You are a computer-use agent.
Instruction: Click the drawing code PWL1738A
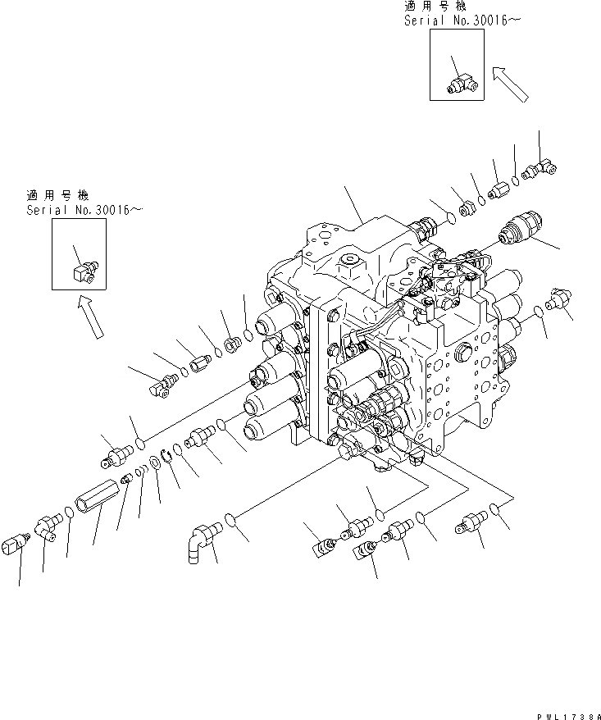[x=567, y=714]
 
